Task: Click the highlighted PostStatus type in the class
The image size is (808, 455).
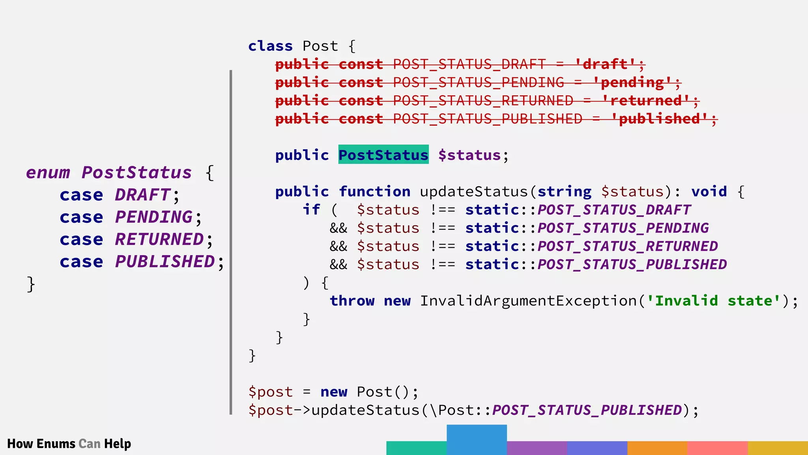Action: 383,154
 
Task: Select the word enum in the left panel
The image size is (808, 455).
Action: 48,173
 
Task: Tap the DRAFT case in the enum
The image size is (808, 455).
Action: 142,195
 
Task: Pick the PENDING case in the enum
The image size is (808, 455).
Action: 154,217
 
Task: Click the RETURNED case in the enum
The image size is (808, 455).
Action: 159,239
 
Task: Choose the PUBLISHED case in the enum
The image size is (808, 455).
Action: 165,261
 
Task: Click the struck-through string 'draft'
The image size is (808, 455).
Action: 605,64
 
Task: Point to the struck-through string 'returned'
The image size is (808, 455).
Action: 646,100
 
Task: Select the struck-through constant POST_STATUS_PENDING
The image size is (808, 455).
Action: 479,82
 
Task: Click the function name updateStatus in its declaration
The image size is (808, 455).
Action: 473,192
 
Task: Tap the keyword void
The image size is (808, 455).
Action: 709,192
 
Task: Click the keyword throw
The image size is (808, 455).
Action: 352,301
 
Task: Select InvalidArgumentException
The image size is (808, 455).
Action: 528,301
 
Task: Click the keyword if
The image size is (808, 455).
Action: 311,210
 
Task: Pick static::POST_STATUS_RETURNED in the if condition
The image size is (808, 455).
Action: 591,246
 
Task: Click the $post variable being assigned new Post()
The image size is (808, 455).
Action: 271,392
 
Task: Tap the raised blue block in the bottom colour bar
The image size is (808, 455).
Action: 477,439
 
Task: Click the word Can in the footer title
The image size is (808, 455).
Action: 90,444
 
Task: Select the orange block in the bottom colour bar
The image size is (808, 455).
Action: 657,448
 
